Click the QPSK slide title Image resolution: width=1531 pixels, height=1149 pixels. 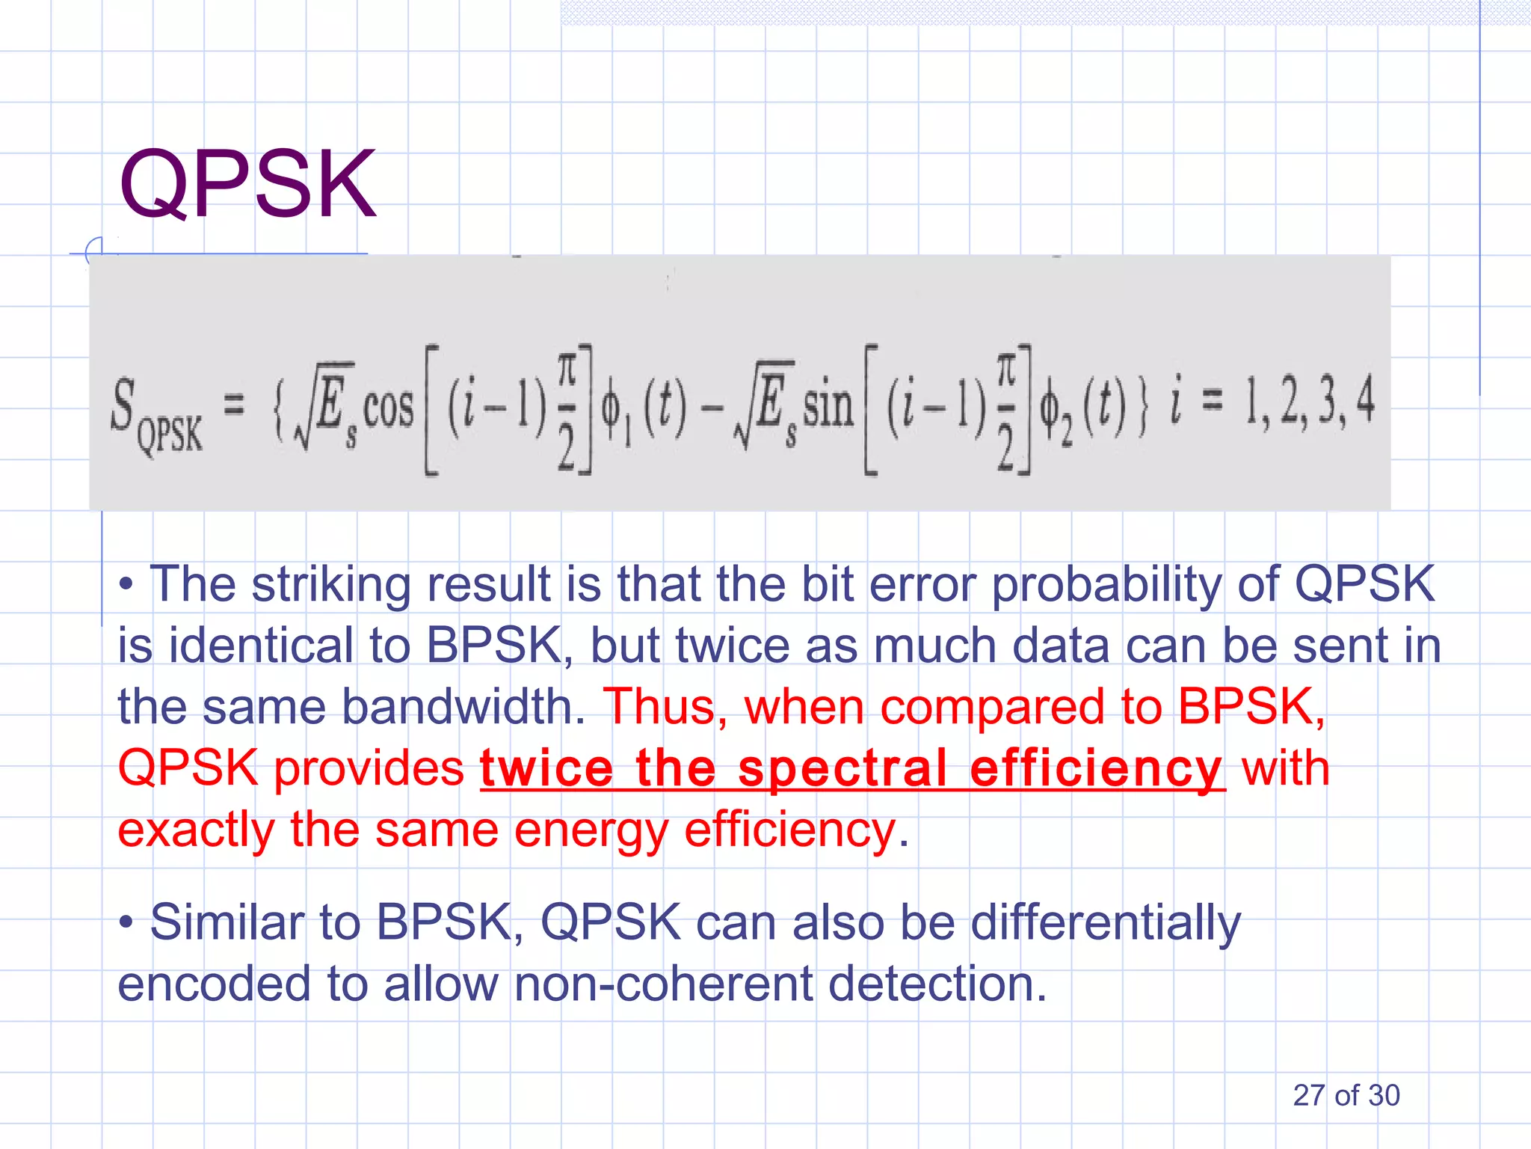click(x=247, y=184)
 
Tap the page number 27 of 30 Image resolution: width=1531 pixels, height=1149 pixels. click(x=1346, y=1095)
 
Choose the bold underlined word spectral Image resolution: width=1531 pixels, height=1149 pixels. click(x=842, y=768)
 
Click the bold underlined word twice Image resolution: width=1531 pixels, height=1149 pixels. click(x=546, y=768)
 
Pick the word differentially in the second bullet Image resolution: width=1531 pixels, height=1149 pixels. click(x=1106, y=922)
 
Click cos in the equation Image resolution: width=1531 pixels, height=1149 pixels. click(x=388, y=408)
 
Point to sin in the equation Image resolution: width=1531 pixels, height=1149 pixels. click(x=828, y=408)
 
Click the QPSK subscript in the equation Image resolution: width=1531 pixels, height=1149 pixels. click(x=170, y=434)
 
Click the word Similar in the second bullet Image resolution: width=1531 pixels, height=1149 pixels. click(x=227, y=922)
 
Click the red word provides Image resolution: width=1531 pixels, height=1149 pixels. click(x=369, y=768)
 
